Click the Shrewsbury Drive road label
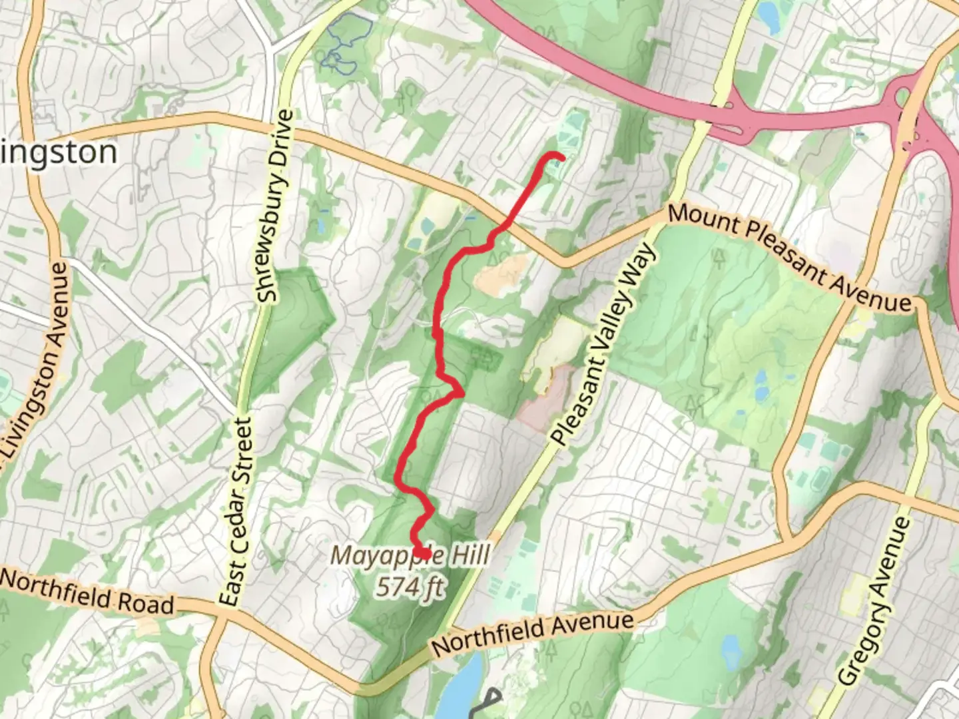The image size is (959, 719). (x=276, y=206)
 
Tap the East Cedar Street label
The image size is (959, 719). (x=238, y=511)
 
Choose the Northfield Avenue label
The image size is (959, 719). (x=533, y=632)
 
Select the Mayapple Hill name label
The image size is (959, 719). (x=411, y=555)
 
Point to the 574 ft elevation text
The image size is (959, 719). (x=410, y=587)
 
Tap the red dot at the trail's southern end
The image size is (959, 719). (x=424, y=553)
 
